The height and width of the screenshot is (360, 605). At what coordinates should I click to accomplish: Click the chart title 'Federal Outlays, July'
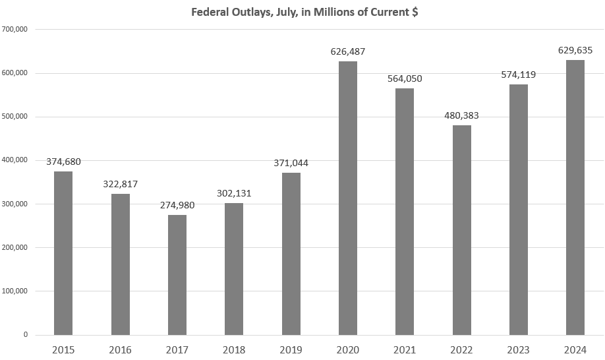click(x=304, y=13)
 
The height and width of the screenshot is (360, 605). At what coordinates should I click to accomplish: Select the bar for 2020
click(x=348, y=198)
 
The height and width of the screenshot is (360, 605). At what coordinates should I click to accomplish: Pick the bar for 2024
click(x=575, y=197)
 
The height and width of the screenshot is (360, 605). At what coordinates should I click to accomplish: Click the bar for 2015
click(x=63, y=253)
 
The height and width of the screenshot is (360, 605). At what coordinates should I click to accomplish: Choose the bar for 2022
click(x=462, y=230)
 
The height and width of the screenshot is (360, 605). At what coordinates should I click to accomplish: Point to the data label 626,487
click(x=348, y=51)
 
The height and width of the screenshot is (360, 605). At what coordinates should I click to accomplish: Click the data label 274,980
click(x=177, y=205)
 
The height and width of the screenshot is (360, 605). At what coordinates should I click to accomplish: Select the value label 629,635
click(x=575, y=50)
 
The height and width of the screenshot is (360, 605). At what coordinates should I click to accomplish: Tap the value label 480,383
click(x=462, y=115)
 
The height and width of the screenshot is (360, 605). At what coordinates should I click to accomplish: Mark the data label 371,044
click(x=291, y=163)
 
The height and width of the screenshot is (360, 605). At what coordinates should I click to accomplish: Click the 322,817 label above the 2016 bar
click(x=121, y=184)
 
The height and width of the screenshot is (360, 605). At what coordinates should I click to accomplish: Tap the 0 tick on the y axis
click(x=26, y=335)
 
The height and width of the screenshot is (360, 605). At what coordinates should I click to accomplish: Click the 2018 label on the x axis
click(x=234, y=349)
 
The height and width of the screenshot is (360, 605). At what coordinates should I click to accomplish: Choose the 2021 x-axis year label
click(x=405, y=349)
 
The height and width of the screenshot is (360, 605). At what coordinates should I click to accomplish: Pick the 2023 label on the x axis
click(x=519, y=349)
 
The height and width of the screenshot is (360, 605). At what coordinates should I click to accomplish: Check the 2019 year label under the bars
click(x=291, y=349)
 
